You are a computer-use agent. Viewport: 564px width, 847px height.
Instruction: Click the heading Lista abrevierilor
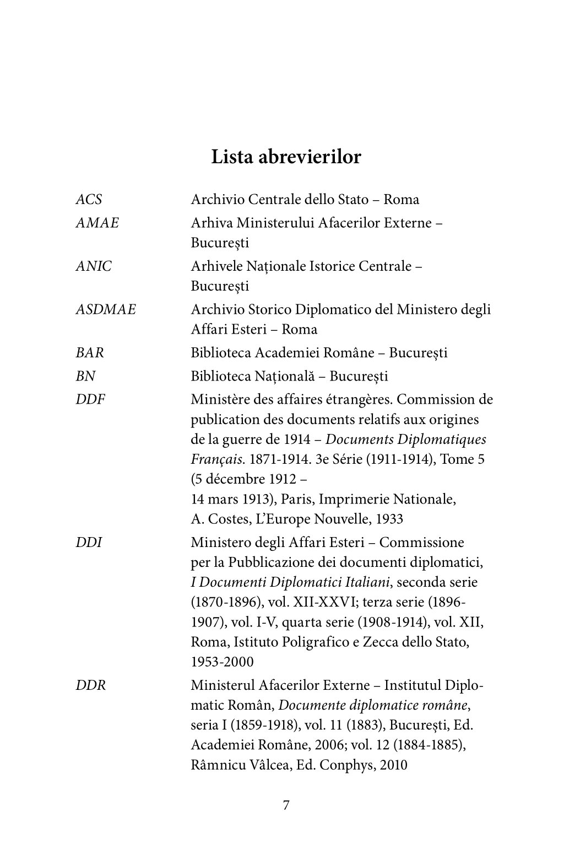point(286,157)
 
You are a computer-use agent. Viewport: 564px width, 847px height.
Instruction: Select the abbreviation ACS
point(88,200)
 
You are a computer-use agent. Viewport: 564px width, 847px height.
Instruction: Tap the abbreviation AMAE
point(97,223)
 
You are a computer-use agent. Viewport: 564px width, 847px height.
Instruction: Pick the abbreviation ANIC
point(93,266)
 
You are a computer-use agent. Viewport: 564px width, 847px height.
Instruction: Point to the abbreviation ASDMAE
point(105,309)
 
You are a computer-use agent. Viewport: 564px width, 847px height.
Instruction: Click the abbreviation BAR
point(89,353)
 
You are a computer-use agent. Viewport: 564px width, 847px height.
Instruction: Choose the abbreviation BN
point(85,377)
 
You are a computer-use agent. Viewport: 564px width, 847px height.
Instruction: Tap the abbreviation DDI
point(89,543)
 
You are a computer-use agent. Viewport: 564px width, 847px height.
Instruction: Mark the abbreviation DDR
point(90,686)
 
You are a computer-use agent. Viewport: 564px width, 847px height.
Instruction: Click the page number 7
point(286,806)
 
